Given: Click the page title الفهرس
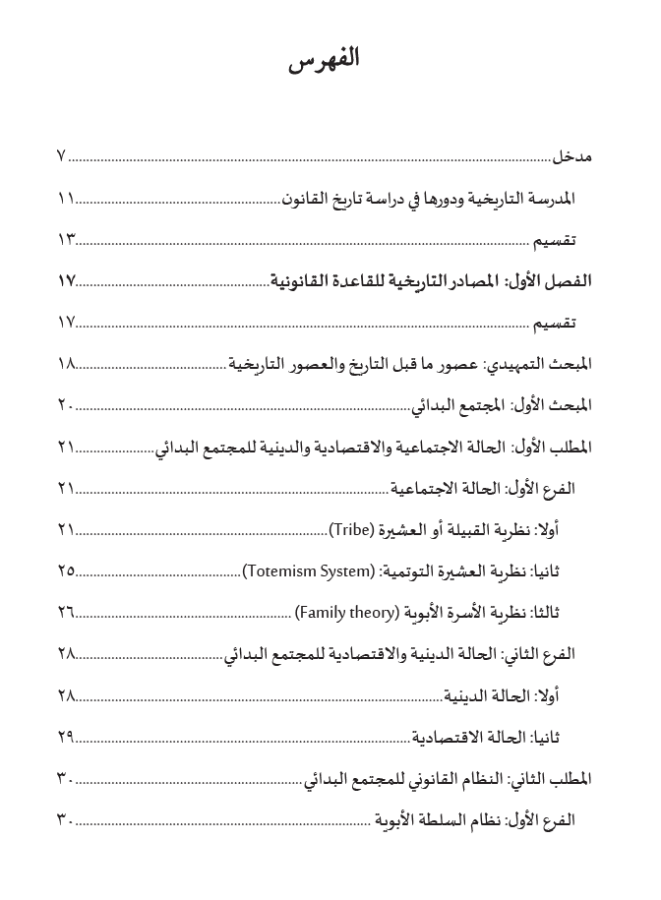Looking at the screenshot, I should pyautogui.click(x=325, y=60).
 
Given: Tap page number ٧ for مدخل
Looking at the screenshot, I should pyautogui.click(x=62, y=156).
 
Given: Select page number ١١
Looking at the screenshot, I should pyautogui.click(x=67, y=198).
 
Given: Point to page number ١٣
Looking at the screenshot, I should pyautogui.click(x=67, y=240).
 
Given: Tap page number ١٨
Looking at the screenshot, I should pyautogui.click(x=67, y=364).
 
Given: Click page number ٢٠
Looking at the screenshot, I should pyautogui.click(x=67, y=405).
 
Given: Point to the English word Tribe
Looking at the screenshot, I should pyautogui.click(x=350, y=530).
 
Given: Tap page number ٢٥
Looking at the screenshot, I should pyautogui.click(x=67, y=571).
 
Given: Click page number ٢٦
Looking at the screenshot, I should pyautogui.click(x=67, y=613).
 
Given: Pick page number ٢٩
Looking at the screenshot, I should pyautogui.click(x=67, y=737).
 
